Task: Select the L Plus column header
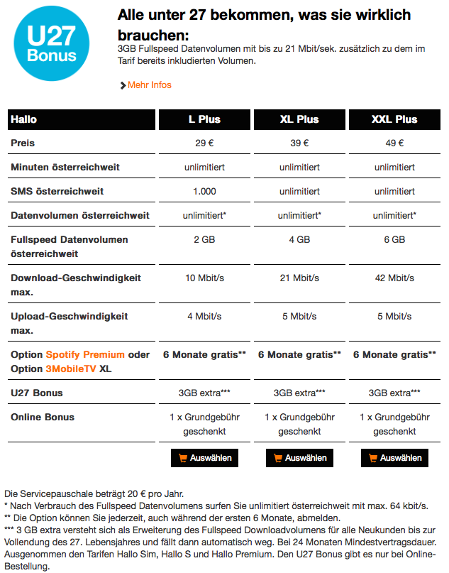204,119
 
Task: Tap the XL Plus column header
299,119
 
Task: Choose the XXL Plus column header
394,119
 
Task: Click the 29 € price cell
204,143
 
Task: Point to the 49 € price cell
394,143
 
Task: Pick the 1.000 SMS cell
204,192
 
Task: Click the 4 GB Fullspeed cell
299,240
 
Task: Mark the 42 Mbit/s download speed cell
394,278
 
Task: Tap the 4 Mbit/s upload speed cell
204,316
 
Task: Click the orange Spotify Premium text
85,354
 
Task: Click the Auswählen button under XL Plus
300,458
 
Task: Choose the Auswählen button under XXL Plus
395,458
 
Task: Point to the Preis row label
23,143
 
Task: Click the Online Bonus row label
43,417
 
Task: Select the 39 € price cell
299,143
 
